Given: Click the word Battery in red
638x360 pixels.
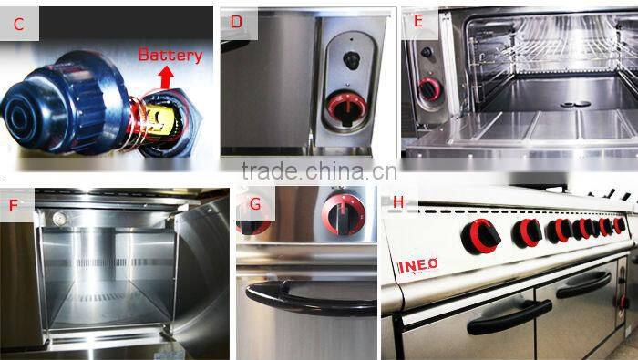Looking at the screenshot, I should coord(170,55).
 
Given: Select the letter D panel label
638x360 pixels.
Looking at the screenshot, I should coord(236,22).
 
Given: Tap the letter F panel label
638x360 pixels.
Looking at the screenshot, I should coord(14,205).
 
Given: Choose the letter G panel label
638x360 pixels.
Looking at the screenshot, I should coord(255,204).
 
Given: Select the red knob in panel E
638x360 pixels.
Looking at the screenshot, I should coord(427,90).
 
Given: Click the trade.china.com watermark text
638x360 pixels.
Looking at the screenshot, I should coord(318,170).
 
